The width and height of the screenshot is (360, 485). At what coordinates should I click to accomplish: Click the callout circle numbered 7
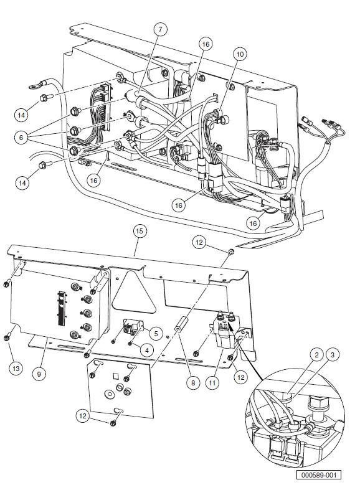(x=160, y=30)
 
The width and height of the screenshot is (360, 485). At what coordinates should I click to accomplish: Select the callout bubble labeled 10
(x=240, y=54)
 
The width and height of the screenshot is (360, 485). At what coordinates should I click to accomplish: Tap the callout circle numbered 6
(x=21, y=137)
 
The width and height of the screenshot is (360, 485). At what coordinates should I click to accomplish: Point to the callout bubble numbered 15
(x=140, y=232)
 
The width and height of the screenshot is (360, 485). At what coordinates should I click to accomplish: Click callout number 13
(x=16, y=368)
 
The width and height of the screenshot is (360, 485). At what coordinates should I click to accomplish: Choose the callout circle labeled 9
(x=39, y=374)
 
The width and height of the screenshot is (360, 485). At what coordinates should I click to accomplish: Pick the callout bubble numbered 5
(x=156, y=333)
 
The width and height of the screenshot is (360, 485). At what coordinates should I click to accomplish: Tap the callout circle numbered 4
(x=147, y=350)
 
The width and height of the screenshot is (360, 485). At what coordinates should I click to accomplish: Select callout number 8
(x=193, y=383)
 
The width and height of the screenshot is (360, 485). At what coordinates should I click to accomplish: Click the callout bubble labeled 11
(x=212, y=383)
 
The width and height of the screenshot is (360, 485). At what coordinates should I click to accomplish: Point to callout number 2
(x=316, y=355)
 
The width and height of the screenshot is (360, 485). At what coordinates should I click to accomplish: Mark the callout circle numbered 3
(x=333, y=355)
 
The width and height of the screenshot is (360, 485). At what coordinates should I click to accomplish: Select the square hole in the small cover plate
(x=115, y=376)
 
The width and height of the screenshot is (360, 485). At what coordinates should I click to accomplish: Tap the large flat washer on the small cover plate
(x=109, y=394)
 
